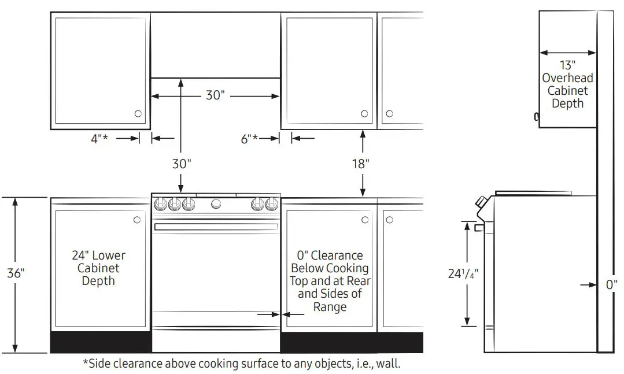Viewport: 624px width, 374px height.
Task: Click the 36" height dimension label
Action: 15,273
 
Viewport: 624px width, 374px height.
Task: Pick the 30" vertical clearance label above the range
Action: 181,164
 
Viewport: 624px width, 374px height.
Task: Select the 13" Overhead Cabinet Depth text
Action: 567,84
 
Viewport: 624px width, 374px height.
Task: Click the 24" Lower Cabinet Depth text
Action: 98,268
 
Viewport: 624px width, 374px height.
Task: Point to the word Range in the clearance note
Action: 330,307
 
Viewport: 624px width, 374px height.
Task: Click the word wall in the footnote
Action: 403,364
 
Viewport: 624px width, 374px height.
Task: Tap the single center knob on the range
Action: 216,203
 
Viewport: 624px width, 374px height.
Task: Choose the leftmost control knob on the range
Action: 160,203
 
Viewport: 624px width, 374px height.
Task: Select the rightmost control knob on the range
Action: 272,203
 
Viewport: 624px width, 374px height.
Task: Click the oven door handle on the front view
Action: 216,227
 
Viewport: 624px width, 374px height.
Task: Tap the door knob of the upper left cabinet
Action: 138,114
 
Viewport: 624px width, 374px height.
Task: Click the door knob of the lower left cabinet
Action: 137,220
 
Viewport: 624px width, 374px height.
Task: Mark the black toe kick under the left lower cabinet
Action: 101,342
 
